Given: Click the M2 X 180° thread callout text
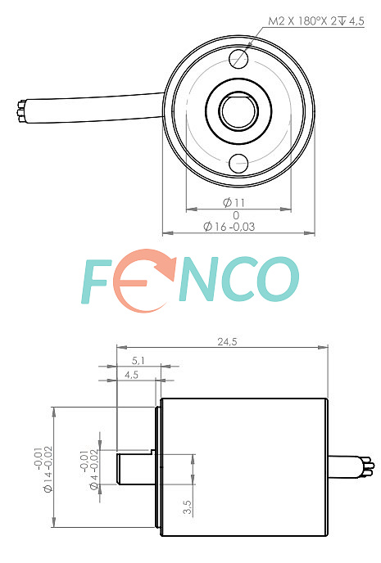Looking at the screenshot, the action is click(316, 20).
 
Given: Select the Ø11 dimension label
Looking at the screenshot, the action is click(234, 203).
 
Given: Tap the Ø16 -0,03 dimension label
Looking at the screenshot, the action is click(229, 227).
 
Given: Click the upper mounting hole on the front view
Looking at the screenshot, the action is click(238, 58).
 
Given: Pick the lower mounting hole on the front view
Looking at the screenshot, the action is click(238, 164).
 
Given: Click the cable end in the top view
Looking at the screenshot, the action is click(21, 111).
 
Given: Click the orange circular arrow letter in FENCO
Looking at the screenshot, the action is click(143, 280).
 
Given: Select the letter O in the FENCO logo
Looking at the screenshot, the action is click(279, 279).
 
